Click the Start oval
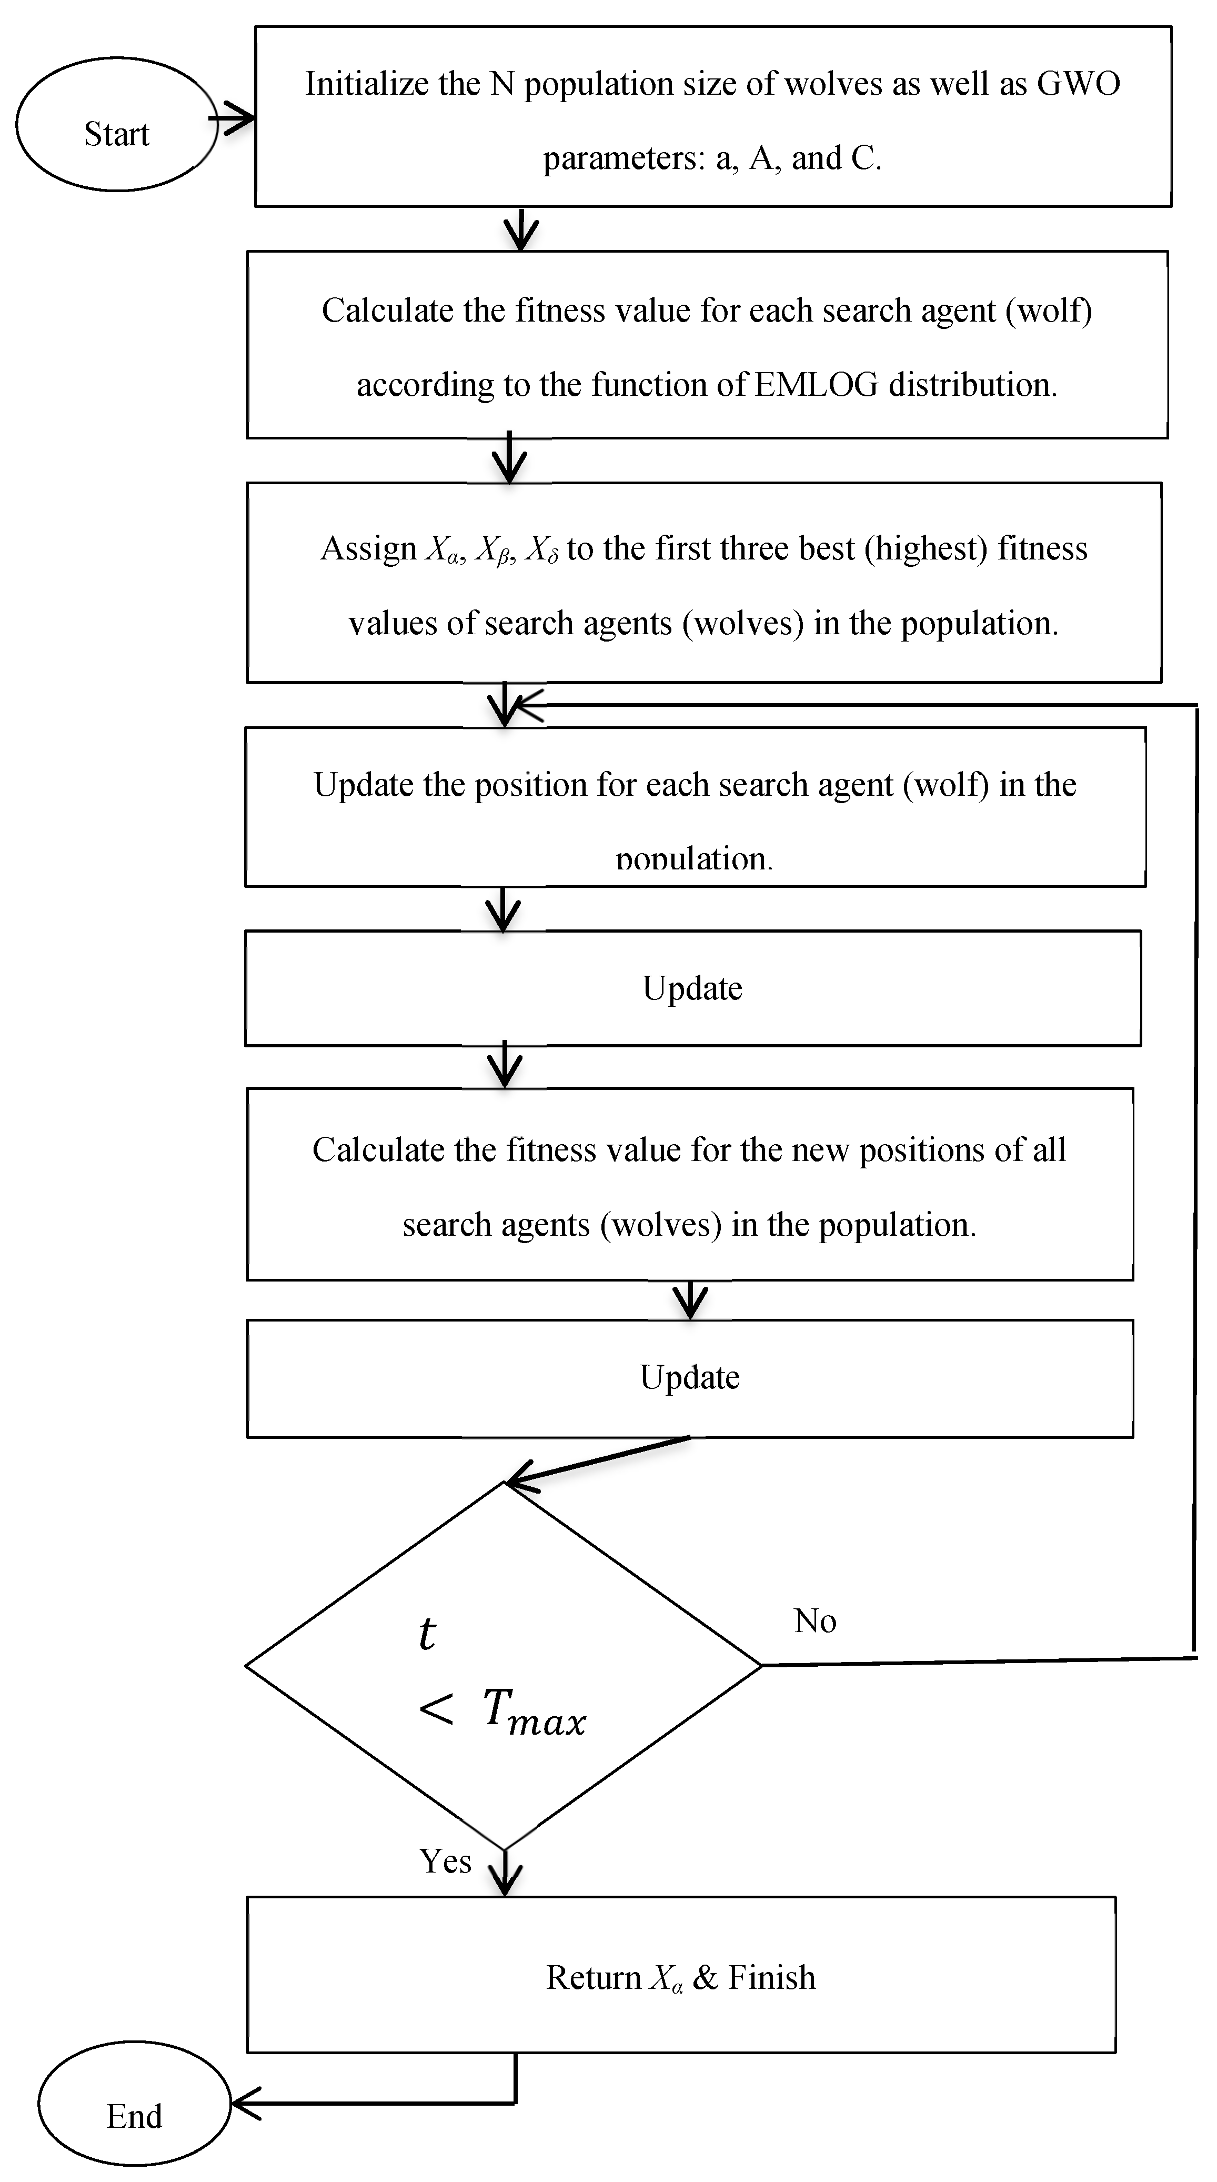pyautogui.click(x=116, y=125)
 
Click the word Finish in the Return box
pyautogui.click(x=771, y=1978)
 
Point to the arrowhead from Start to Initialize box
pyautogui.click(x=240, y=118)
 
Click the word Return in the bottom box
pyautogui.click(x=593, y=1978)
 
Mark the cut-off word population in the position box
pyautogui.click(x=693, y=860)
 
